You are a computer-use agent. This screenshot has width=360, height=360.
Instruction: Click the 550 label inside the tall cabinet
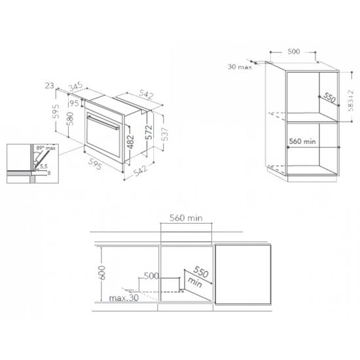[x=328, y=98]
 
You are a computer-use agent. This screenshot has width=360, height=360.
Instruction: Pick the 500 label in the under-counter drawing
[x=153, y=277]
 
